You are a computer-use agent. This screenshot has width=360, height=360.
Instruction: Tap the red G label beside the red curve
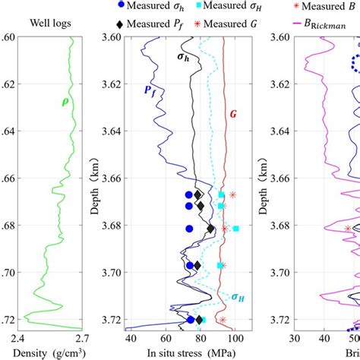click(235, 115)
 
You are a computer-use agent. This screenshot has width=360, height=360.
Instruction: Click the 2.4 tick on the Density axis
click(19, 339)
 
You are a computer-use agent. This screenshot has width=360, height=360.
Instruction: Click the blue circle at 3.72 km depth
click(191, 320)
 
